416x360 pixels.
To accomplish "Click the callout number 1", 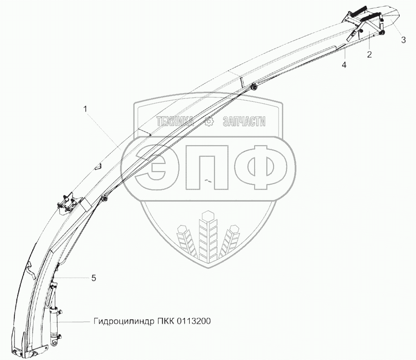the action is click(x=86, y=109).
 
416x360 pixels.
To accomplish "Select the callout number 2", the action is click(x=369, y=54).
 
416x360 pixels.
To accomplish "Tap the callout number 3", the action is click(x=404, y=40).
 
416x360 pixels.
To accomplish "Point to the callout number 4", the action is click(x=344, y=64).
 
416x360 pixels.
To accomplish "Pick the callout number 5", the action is click(x=94, y=277).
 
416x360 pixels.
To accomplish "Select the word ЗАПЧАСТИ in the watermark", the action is click(x=244, y=122).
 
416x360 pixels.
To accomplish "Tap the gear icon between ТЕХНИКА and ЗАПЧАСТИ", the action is click(x=209, y=122).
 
